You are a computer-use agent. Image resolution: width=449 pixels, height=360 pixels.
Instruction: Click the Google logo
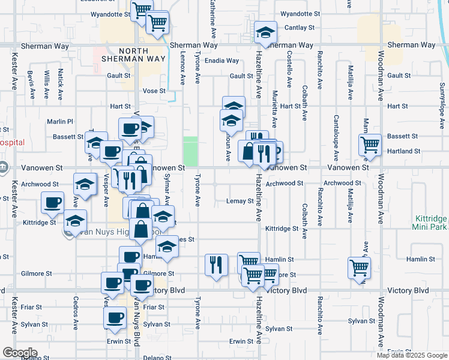pyautogui.click(x=20, y=352)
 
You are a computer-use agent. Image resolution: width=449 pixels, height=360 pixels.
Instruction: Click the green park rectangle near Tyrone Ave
pyautogui.click(x=190, y=151)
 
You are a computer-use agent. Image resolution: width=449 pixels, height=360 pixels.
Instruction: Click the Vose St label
pyautogui.click(x=154, y=91)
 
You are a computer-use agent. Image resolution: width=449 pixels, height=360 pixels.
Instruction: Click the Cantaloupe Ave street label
pyautogui.click(x=336, y=135)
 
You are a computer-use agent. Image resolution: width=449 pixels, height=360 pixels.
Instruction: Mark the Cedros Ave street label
pyautogui.click(x=76, y=310)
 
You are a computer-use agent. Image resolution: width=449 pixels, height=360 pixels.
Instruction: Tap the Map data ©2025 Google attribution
pyautogui.click(x=412, y=355)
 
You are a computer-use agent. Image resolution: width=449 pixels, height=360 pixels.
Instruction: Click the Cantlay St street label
pyautogui.click(x=300, y=28)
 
